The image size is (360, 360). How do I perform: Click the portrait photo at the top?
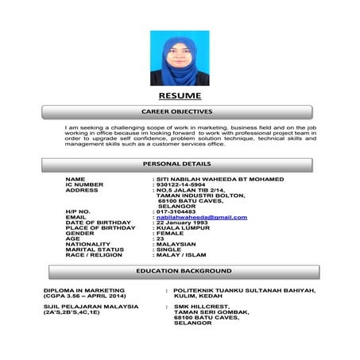point(180,58)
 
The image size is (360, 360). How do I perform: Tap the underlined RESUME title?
point(180,96)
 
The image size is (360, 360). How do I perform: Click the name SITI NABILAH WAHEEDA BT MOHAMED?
point(220,180)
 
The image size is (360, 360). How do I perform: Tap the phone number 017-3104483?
point(178,211)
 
